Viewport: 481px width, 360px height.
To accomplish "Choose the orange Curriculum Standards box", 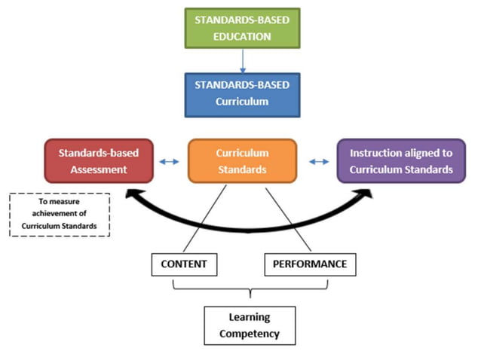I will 242,160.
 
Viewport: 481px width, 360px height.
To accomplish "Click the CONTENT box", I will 184,264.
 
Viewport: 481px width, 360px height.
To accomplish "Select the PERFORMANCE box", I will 310,264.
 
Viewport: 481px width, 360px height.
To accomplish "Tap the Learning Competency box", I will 249,325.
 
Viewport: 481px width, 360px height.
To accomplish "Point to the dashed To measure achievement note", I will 60,215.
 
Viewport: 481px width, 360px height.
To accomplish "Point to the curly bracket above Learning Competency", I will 249,289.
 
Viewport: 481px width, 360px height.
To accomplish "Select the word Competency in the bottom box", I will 249,332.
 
